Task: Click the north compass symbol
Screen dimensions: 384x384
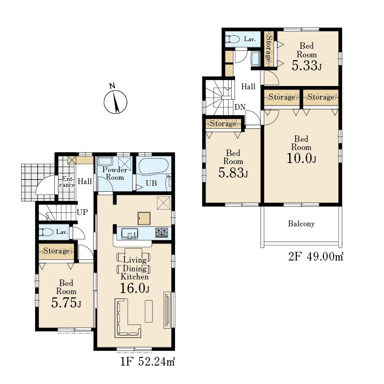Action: click(x=115, y=101)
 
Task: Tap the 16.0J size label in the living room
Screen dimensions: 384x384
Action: click(x=134, y=288)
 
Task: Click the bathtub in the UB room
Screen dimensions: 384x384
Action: click(x=154, y=166)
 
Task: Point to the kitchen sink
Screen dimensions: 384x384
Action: click(x=129, y=233)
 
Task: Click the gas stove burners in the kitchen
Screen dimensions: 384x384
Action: click(x=161, y=232)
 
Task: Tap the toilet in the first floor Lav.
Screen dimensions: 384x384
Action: click(x=47, y=232)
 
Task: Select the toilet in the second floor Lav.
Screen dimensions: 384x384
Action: click(x=233, y=39)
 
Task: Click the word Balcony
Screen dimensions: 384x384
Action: click(x=301, y=224)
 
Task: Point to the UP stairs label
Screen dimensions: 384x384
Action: click(x=82, y=212)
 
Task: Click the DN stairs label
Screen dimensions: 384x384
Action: click(x=240, y=107)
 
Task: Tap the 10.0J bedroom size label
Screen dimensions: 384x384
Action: click(x=302, y=159)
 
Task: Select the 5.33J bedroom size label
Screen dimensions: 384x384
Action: click(x=307, y=66)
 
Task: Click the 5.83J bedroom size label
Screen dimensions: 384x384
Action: click(x=233, y=173)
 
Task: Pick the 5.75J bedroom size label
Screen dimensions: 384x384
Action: click(x=66, y=303)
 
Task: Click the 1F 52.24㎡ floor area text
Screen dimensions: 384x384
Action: click(x=147, y=361)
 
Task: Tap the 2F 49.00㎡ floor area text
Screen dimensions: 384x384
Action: click(x=316, y=256)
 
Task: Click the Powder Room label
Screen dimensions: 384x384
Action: click(x=115, y=173)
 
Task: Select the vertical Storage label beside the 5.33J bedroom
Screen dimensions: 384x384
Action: click(x=269, y=49)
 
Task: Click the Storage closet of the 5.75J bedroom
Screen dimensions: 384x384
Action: click(x=56, y=251)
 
